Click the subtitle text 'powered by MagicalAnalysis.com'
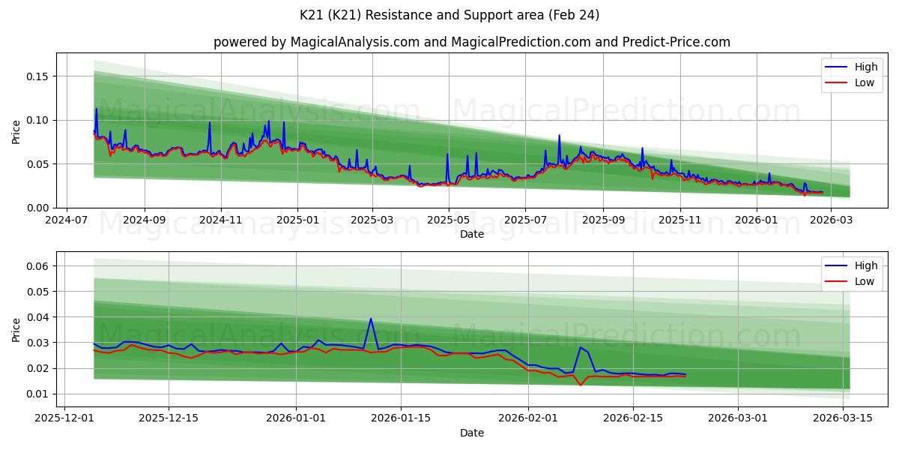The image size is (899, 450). [316, 42]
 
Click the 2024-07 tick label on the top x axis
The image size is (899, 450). [67, 220]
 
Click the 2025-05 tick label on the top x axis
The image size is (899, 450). [449, 220]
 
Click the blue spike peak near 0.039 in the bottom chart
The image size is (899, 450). [371, 319]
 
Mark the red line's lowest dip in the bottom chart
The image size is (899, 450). [580, 385]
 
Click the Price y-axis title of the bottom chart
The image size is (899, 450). [16, 329]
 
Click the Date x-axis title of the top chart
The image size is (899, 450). [471, 234]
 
